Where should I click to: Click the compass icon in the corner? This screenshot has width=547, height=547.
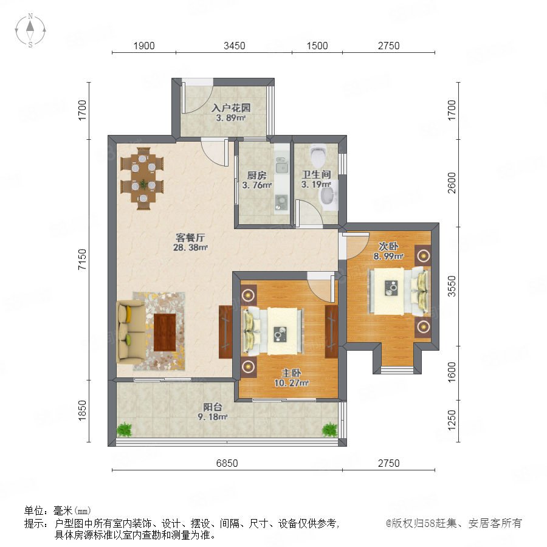30,30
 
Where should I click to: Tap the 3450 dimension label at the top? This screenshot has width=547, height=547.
235,46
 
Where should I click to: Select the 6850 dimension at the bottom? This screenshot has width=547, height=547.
227,463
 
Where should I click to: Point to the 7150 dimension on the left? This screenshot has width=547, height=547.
82,259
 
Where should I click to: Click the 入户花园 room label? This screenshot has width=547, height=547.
231,108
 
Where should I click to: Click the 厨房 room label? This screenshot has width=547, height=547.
256,175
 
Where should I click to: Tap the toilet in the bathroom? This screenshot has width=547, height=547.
318,156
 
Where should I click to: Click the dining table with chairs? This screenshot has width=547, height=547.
142,178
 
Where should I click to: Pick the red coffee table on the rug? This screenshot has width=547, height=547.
165,332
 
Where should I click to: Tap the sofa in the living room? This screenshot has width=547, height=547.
130,332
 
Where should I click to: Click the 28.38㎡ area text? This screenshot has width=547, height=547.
190,248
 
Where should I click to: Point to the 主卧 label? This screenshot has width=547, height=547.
292,373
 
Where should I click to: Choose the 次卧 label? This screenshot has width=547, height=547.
388,246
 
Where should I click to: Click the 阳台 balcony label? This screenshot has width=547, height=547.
213,407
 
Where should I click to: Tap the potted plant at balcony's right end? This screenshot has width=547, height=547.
329,430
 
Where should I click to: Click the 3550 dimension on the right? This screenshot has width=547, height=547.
452,286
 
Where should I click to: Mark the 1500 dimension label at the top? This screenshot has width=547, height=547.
317,46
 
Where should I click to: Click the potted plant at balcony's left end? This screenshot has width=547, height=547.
125,430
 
